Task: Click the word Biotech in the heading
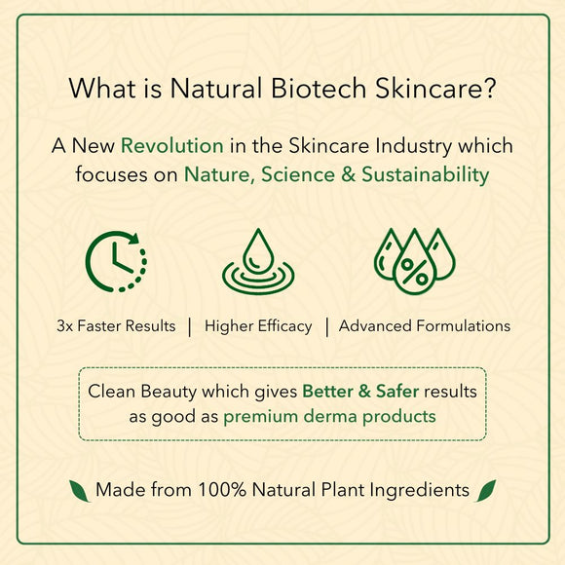(319, 88)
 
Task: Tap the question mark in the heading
(489, 88)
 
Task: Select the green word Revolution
(172, 146)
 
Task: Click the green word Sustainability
(425, 175)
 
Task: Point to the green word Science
(298, 174)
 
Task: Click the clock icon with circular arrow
(116, 262)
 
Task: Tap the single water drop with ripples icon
(258, 262)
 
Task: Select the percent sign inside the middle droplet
(414, 272)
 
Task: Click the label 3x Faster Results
(116, 326)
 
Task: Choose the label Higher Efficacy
(258, 326)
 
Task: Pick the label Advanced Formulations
(425, 326)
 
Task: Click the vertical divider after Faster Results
(190, 327)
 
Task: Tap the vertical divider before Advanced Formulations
(326, 327)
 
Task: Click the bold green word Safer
(397, 392)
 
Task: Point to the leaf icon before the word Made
(79, 491)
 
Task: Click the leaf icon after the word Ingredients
(486, 491)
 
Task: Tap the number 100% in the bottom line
(222, 490)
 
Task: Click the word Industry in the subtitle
(413, 147)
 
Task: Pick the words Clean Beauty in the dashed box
(143, 392)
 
